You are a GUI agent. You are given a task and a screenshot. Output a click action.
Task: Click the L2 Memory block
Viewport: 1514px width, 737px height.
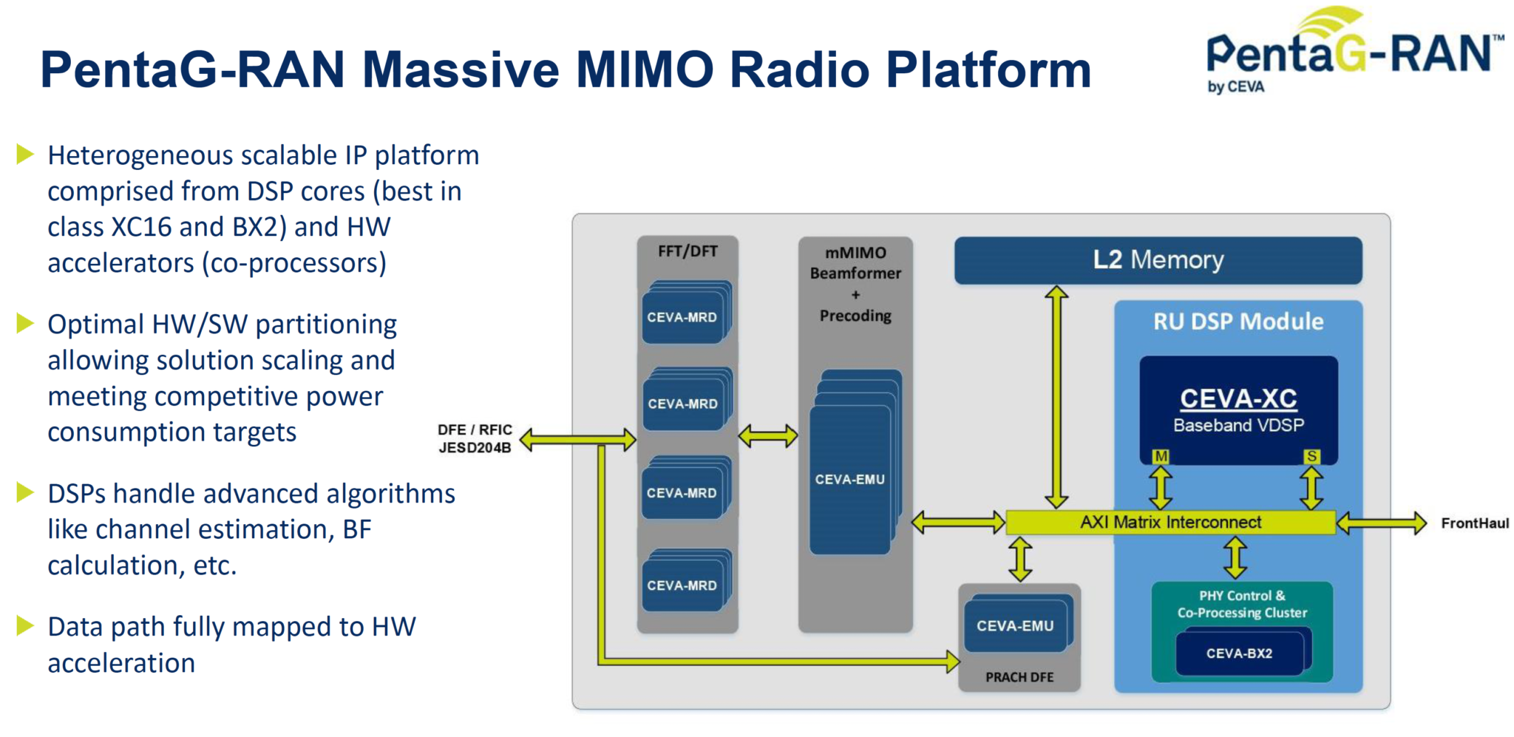[x=1158, y=260]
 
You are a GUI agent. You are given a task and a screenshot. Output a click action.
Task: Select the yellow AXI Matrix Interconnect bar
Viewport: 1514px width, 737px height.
[x=1170, y=522]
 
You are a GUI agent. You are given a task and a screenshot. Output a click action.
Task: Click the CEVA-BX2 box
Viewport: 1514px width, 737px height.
[x=1239, y=653]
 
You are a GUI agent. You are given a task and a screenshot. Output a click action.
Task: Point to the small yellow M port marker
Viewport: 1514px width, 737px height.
[x=1161, y=456]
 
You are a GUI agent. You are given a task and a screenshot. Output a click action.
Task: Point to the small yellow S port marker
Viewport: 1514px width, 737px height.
[x=1311, y=456]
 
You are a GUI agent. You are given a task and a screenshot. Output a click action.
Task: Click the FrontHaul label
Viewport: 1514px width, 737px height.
[x=1474, y=523]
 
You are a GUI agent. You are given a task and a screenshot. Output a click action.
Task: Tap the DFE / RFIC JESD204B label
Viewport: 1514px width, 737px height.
[x=475, y=438]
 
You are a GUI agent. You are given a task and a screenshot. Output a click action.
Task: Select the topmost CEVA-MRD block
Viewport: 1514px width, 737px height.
[x=682, y=317]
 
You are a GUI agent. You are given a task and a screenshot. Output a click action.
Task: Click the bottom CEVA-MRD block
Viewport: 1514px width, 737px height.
[x=682, y=585]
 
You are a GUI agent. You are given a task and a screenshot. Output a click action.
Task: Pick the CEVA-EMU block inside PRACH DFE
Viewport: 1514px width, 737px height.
[x=1015, y=626]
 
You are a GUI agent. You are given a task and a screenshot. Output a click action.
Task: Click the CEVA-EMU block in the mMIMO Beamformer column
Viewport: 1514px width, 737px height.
[x=849, y=479]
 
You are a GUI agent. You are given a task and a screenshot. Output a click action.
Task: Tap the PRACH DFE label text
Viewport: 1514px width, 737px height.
[x=1019, y=677]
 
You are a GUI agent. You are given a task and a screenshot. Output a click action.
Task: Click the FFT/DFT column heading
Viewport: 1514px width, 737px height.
[x=688, y=251]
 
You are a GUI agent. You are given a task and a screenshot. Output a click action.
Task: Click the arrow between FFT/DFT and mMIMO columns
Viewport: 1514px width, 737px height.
[x=768, y=436]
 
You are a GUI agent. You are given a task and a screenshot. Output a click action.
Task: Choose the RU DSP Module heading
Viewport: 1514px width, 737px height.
[x=1238, y=322]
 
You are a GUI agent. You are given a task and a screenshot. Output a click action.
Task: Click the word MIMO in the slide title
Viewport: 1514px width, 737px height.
[x=645, y=69]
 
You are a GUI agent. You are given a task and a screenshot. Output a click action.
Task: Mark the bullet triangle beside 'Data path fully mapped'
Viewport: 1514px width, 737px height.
[x=25, y=626]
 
